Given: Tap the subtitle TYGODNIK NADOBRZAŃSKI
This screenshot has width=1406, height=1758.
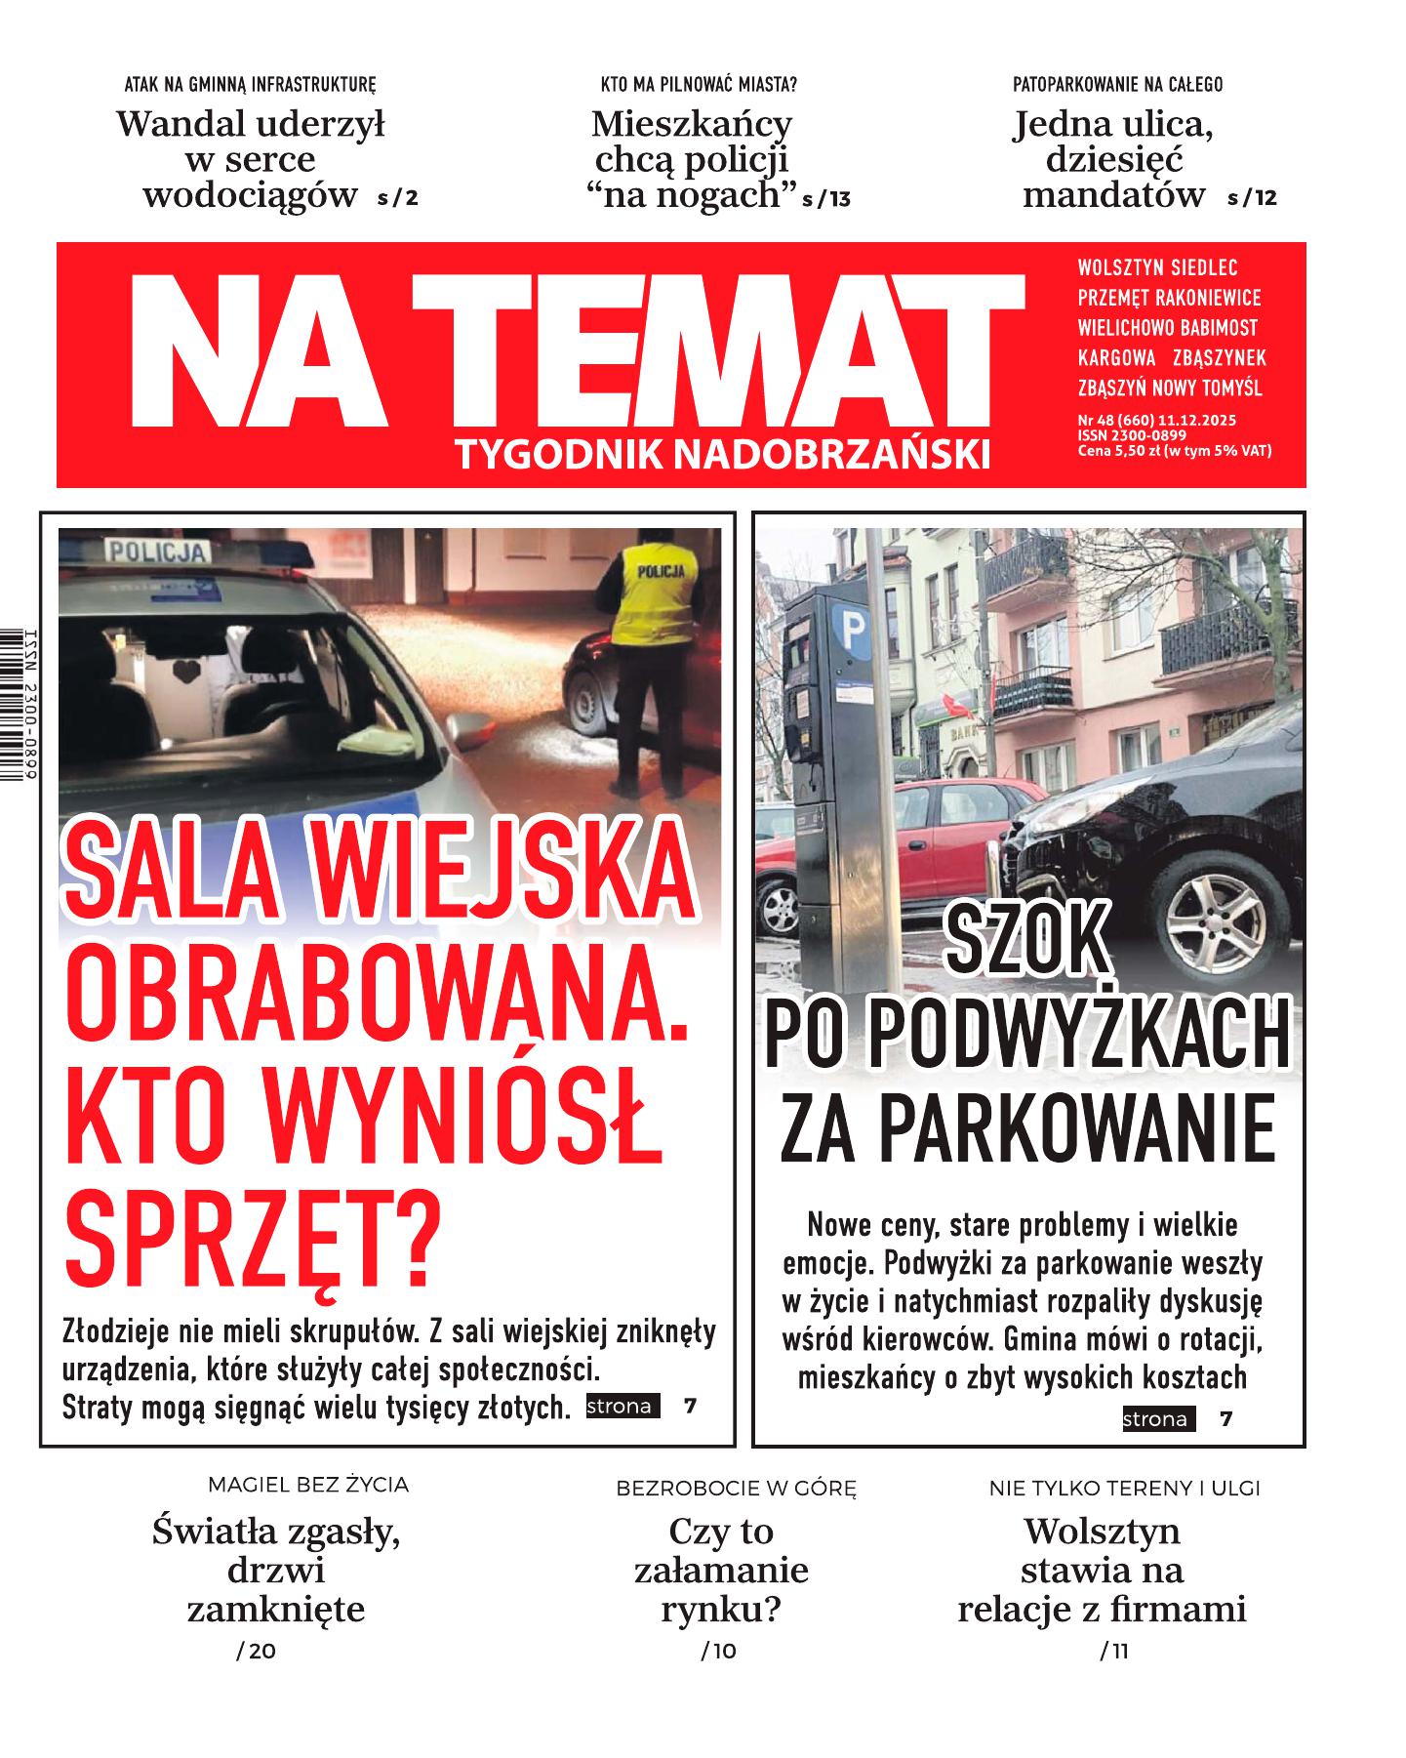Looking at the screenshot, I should coord(721,454).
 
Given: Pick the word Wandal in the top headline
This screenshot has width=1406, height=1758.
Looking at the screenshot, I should coord(177,124).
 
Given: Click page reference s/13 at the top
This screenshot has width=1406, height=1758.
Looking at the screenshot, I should coord(825,199).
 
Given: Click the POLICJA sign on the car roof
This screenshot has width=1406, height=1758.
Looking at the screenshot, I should coord(156,552).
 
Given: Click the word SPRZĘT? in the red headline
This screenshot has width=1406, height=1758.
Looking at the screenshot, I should coord(253,1244).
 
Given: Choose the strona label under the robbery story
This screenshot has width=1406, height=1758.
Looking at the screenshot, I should coord(621,1407).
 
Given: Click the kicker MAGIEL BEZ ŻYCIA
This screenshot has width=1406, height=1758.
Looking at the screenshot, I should coord(308,1485).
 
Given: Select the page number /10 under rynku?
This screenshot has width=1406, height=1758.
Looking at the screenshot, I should coord(718,1651).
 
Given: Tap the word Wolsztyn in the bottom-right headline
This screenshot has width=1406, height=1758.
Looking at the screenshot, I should coord(1102,1531).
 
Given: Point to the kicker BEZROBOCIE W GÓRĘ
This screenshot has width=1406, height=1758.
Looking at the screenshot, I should coord(736,1489).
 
